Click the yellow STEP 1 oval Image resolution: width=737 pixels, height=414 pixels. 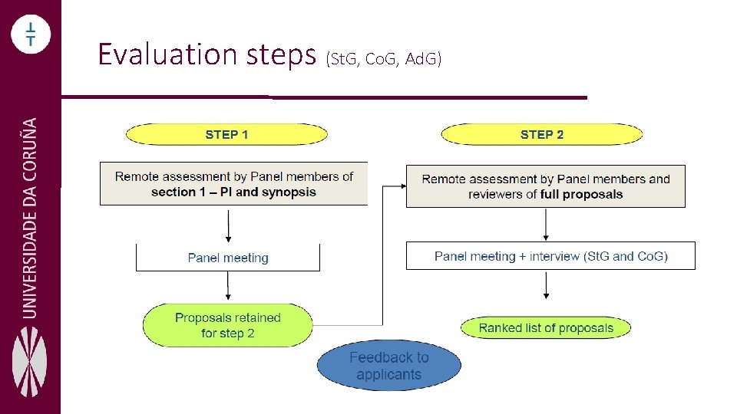tap(226, 135)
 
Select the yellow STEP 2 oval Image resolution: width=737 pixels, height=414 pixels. tap(541, 135)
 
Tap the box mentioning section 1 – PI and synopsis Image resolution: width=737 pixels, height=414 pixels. tap(233, 184)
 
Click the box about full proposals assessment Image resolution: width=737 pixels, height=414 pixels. tap(545, 186)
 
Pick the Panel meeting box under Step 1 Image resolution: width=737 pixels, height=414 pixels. tap(228, 258)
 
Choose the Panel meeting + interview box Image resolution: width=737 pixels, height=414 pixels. tap(550, 256)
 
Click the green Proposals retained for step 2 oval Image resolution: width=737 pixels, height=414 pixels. tap(228, 325)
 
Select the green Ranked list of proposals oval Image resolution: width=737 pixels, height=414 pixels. tap(546, 328)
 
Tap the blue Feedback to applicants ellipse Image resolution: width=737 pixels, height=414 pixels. tap(389, 366)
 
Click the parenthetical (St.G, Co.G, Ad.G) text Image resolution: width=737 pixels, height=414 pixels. tap(383, 58)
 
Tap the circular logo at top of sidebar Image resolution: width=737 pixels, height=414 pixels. tap(31, 34)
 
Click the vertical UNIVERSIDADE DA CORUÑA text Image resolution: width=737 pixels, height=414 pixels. tap(30, 217)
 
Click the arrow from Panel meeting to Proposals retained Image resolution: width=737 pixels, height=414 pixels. tap(228, 287)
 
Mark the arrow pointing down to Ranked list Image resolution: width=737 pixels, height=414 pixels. tap(546, 285)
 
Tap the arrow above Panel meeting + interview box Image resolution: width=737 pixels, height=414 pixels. tap(546, 224)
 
